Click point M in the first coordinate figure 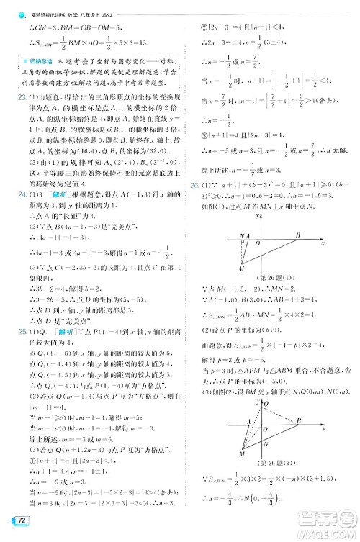(242, 268)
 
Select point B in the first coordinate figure (297, 235)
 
